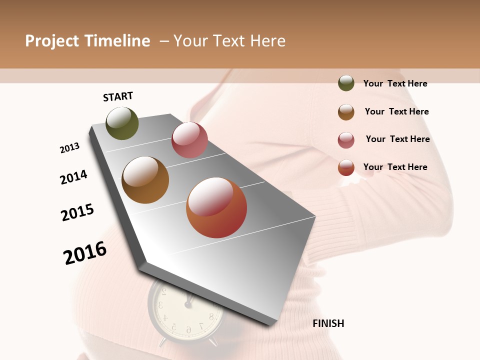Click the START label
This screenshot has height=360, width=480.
(118, 96)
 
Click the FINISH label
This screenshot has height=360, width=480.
(328, 323)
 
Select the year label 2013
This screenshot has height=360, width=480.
(69, 148)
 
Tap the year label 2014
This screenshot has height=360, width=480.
(73, 177)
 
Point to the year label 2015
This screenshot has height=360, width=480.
(77, 212)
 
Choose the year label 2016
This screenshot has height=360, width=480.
(85, 252)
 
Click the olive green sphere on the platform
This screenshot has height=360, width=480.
(122, 123)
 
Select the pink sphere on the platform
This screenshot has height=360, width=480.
(189, 140)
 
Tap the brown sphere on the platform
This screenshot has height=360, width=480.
(145, 180)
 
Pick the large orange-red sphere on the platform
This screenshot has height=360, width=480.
(216, 207)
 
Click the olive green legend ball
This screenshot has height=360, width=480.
(346, 83)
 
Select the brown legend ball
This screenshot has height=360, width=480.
(346, 112)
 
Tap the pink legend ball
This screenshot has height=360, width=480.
(346, 140)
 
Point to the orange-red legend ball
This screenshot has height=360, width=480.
(346, 167)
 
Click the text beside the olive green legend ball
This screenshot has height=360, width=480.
(395, 83)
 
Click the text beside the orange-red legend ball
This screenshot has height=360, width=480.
(395, 167)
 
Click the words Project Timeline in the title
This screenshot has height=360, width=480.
(87, 41)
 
